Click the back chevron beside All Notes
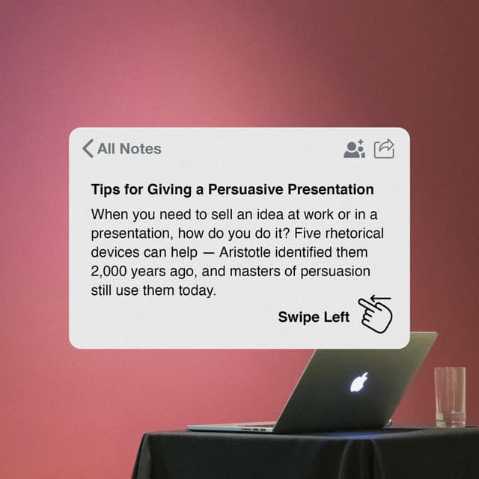pos(88,148)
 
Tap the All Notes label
pos(129,148)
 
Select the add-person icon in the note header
pos(353,148)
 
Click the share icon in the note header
pos(384,148)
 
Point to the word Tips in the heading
pos(104,189)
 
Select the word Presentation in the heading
pos(330,189)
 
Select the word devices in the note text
pos(115,251)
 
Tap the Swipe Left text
pos(314,317)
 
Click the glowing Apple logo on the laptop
pos(359,383)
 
